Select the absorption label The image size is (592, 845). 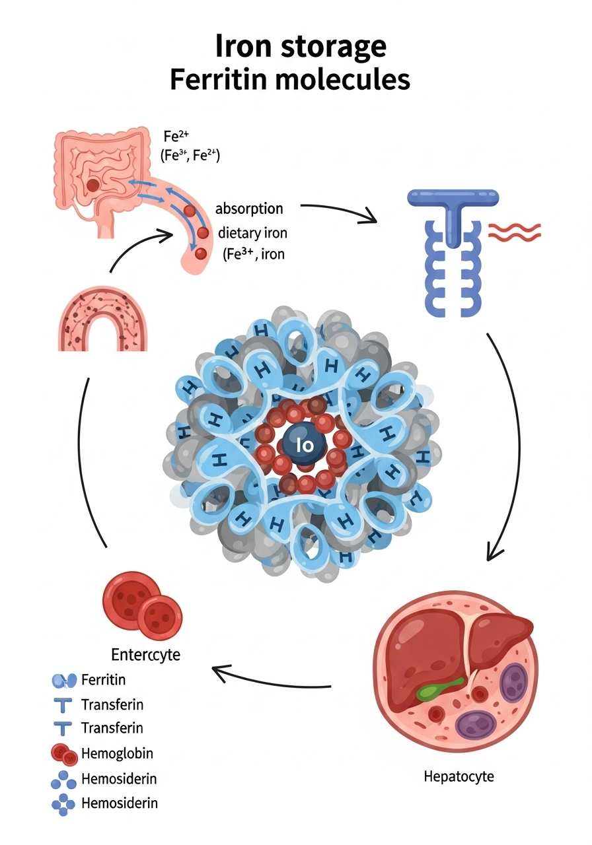click(249, 209)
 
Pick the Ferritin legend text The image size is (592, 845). click(103, 679)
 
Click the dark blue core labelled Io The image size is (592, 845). click(306, 445)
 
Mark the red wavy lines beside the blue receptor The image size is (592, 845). click(514, 232)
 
